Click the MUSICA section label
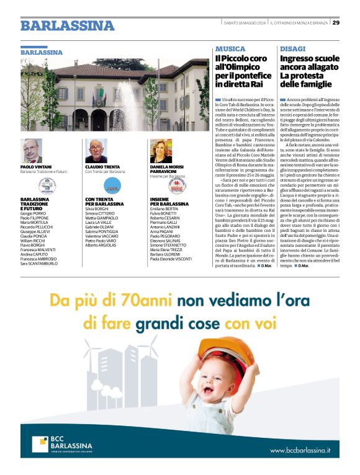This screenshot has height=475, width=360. [x=230, y=48]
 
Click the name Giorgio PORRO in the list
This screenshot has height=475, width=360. [x=34, y=205]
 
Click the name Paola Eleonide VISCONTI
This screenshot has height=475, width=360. [x=171, y=259]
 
